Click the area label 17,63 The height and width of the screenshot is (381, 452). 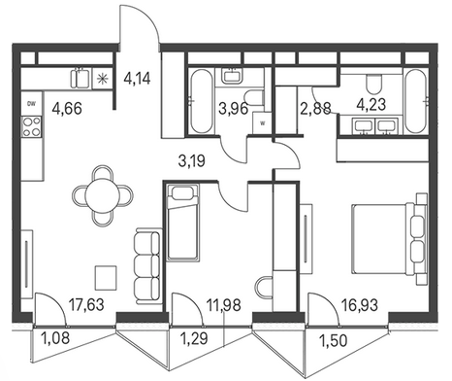[x=87, y=305]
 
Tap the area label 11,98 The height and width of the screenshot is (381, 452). [x=224, y=305]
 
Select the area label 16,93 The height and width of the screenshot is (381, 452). [x=360, y=305]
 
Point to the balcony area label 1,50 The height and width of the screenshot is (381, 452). [x=333, y=340]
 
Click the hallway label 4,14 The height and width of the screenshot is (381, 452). [x=137, y=79]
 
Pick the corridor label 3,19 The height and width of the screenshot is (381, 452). [x=192, y=160]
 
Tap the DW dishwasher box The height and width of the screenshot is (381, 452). [x=31, y=104]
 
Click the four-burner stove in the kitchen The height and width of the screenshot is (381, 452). [x=32, y=126]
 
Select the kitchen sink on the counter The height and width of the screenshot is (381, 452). [x=81, y=78]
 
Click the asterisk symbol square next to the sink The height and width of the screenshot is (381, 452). [x=102, y=79]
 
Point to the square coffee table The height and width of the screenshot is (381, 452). [x=106, y=278]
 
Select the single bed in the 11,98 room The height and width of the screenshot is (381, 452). [x=182, y=223]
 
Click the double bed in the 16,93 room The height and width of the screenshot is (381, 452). [x=389, y=239]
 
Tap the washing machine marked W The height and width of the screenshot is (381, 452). [x=262, y=122]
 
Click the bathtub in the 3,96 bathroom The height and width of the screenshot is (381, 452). [x=201, y=101]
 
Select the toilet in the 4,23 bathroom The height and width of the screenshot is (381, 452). [x=374, y=83]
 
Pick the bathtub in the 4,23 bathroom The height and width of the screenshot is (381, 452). [x=416, y=101]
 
